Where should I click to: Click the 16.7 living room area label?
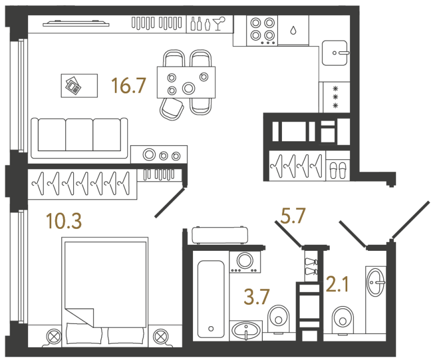tap(129, 85)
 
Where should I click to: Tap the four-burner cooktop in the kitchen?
tap(262, 30)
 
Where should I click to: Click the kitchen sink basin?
tap(335, 53)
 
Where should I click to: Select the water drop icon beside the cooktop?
tap(293, 31)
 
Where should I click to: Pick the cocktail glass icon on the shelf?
tap(222, 22)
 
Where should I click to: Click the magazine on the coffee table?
tap(73, 85)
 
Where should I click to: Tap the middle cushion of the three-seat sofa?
tap(79, 135)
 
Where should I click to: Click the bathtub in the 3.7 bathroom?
tap(212, 298)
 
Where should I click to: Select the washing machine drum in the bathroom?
tap(245, 260)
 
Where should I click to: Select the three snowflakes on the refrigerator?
tap(336, 97)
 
